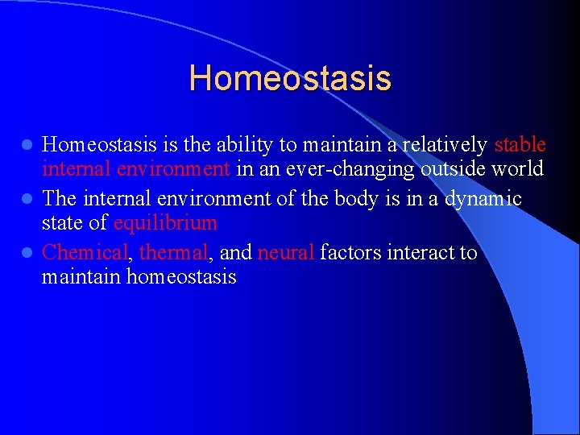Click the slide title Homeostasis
pos(290,79)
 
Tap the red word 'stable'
pos(520,145)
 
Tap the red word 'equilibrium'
pos(165,223)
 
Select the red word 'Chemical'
pos(85,253)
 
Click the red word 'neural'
pos(285,253)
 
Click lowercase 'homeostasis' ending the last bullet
pos(181,278)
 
